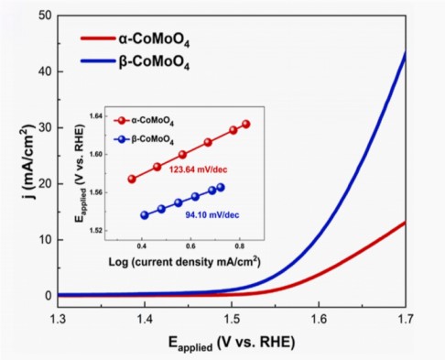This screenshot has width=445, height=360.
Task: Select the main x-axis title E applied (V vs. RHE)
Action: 231,344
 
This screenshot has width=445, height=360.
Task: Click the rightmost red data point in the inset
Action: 245,124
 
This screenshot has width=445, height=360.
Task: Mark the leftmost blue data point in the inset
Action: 144,215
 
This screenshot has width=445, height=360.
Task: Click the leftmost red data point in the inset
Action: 132,180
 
